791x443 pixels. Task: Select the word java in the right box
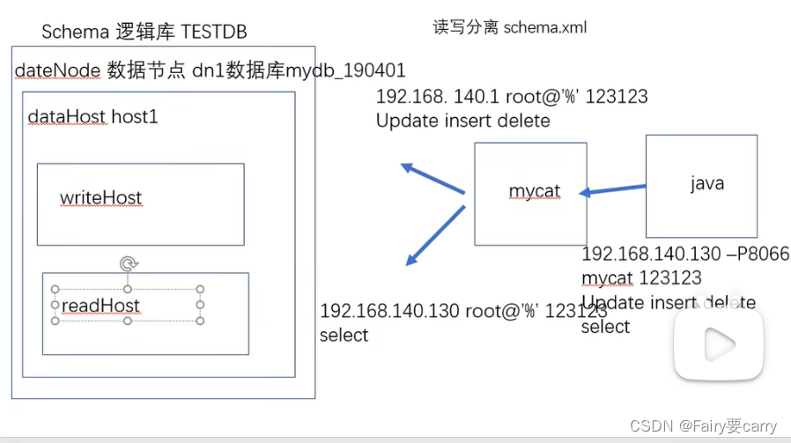pyautogui.click(x=706, y=183)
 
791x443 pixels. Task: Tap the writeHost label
pyautogui.click(x=100, y=198)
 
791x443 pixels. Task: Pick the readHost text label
pyautogui.click(x=100, y=306)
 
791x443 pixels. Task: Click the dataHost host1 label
pyautogui.click(x=92, y=116)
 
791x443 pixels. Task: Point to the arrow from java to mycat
pyautogui.click(x=615, y=189)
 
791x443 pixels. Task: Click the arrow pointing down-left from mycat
pyautogui.click(x=434, y=235)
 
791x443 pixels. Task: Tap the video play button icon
pyautogui.click(x=718, y=343)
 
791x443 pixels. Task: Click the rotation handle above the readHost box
pyautogui.click(x=128, y=262)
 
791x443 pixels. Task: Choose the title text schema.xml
pyautogui.click(x=544, y=27)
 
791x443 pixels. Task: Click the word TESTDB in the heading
pyautogui.click(x=214, y=33)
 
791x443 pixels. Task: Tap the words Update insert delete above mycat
pyautogui.click(x=462, y=121)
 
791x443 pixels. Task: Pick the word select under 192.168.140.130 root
pyautogui.click(x=344, y=335)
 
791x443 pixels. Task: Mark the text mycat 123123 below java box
pyautogui.click(x=641, y=278)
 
